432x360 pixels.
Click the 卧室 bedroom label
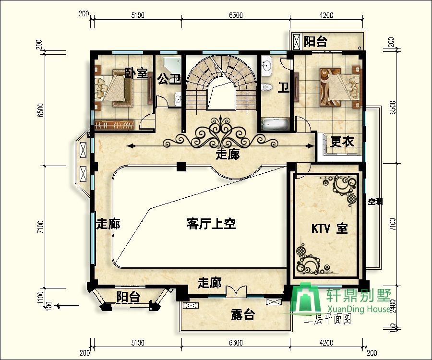136,73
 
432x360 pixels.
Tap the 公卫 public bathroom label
168,79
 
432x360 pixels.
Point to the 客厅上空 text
211,224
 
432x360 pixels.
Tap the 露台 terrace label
242,315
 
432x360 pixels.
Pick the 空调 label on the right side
375,202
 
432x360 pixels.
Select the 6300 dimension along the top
235,15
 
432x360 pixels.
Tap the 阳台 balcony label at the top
315,42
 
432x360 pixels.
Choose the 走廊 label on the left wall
108,224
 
